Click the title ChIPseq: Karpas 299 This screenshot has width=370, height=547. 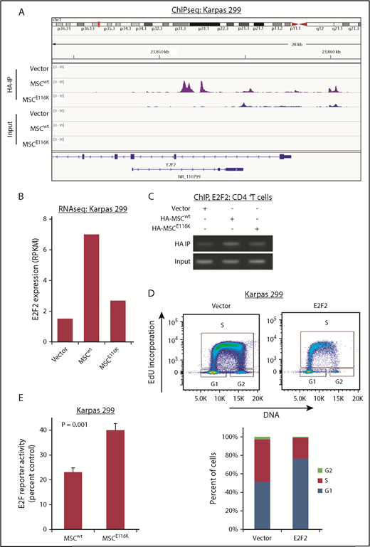191,11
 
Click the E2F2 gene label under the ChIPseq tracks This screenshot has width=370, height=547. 170,162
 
